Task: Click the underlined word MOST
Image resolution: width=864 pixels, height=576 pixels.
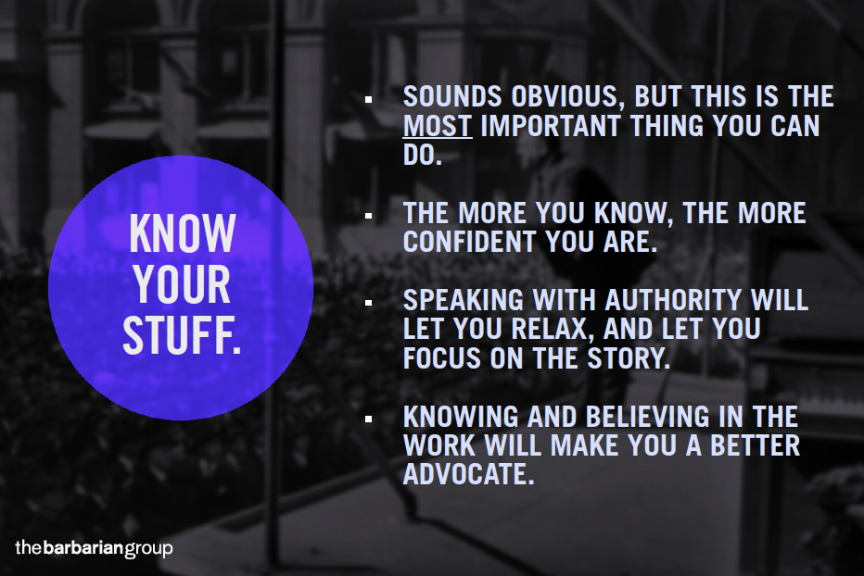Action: [438, 126]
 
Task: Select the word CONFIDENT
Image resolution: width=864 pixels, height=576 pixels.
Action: [469, 241]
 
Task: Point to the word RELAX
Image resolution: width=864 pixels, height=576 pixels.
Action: [553, 330]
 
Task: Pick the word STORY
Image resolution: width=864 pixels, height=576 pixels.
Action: [629, 358]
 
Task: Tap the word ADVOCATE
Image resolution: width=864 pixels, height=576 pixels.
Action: [469, 474]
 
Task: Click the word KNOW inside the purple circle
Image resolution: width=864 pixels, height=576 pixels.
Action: [183, 233]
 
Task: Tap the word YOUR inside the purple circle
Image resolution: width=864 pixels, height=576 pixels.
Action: [182, 284]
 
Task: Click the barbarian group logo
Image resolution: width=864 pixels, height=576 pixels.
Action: [94, 548]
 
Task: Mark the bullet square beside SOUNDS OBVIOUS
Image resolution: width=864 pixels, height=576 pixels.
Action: [368, 100]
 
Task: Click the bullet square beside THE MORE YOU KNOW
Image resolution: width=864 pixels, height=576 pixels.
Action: [368, 216]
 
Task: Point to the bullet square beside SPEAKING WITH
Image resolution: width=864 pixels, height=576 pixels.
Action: [368, 303]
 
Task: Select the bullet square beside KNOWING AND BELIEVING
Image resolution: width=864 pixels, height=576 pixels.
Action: [368, 419]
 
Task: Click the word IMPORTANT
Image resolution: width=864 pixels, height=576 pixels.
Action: [551, 126]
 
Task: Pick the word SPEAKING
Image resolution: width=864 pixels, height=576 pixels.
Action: [464, 300]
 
